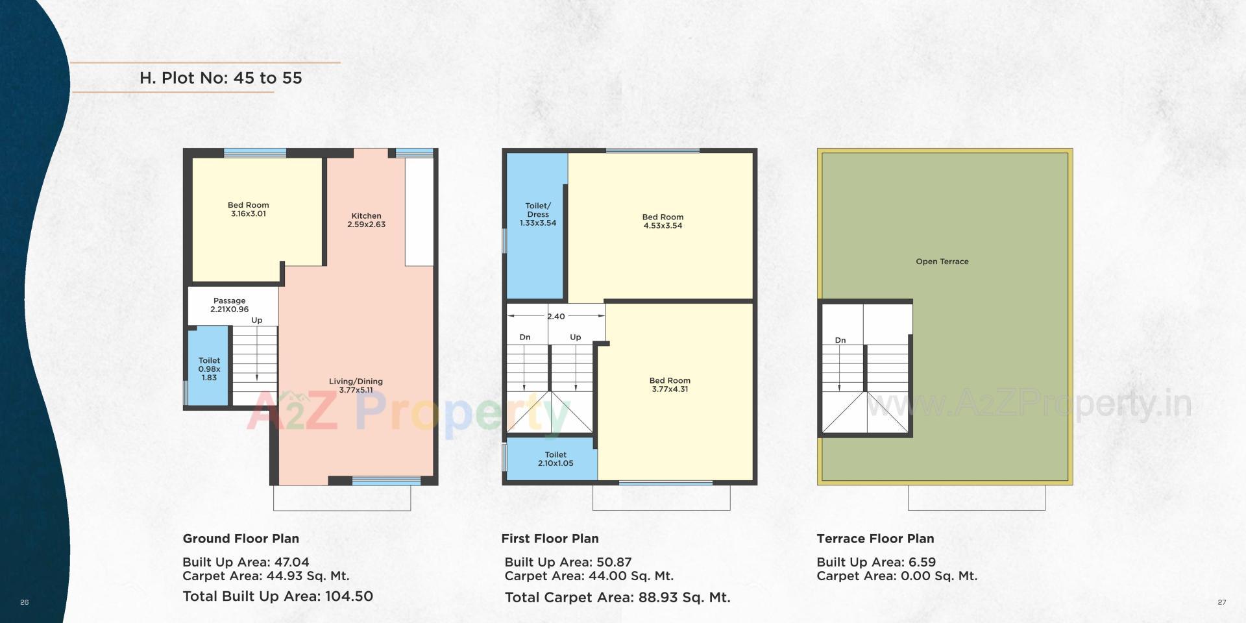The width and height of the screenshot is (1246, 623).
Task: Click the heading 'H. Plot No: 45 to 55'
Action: (221, 78)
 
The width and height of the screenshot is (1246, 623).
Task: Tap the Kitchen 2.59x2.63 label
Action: (366, 220)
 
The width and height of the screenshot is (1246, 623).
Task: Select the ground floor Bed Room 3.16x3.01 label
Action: (248, 209)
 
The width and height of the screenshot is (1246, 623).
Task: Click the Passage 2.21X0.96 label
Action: (229, 305)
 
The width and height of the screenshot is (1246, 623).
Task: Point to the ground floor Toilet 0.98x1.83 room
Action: (209, 369)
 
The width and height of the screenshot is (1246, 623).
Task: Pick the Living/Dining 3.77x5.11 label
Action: (356, 385)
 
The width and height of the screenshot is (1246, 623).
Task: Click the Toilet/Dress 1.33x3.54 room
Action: (537, 214)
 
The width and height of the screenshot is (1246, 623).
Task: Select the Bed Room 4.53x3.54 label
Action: (662, 221)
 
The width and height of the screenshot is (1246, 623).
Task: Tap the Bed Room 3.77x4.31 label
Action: (670, 385)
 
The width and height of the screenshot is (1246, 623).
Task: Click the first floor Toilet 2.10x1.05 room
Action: (556, 459)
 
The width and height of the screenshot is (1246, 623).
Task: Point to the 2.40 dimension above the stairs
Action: (556, 317)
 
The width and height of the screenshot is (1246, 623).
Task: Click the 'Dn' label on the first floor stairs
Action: (525, 337)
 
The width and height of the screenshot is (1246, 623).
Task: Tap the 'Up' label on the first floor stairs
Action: (575, 337)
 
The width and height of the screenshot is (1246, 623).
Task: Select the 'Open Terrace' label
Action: (942, 262)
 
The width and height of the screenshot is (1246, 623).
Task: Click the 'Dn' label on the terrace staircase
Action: (840, 340)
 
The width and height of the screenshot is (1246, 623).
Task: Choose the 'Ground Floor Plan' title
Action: (241, 539)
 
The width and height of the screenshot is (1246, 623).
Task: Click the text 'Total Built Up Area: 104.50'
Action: (278, 596)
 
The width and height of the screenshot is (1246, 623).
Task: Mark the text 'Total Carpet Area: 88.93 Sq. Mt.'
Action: (617, 598)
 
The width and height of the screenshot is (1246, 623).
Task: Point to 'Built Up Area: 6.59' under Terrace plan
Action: (875, 562)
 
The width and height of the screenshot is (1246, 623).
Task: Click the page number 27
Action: (1222, 602)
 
